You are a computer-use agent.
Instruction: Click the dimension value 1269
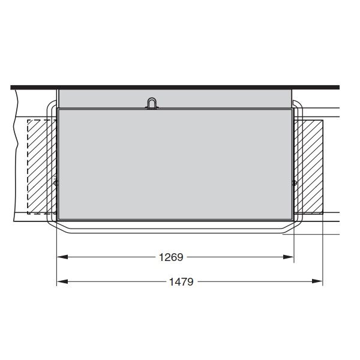[170, 257]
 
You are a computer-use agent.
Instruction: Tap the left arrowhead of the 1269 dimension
[61, 257]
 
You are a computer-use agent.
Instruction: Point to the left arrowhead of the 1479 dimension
[61, 281]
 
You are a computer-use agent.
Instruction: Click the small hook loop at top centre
[153, 103]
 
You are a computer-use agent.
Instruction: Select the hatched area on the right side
[308, 167]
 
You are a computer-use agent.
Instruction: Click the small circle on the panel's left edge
[56, 182]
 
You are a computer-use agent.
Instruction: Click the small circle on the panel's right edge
[294, 182]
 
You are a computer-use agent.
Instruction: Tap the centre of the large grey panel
[175, 164]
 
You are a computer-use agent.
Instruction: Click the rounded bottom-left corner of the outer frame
[52, 229]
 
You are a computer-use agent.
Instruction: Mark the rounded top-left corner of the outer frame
[50, 106]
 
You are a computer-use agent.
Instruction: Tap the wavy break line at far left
[13, 150]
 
